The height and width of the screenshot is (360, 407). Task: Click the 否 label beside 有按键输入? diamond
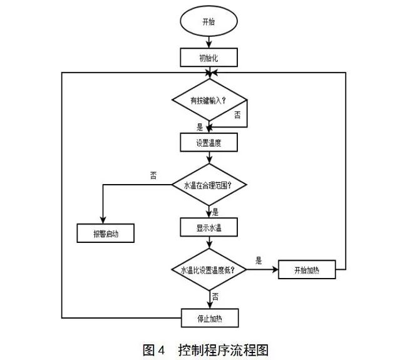(238, 114)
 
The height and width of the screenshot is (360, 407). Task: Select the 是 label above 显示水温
(216, 211)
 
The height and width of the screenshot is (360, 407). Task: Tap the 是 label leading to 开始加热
(259, 260)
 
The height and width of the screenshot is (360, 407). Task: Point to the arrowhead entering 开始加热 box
(276, 270)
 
